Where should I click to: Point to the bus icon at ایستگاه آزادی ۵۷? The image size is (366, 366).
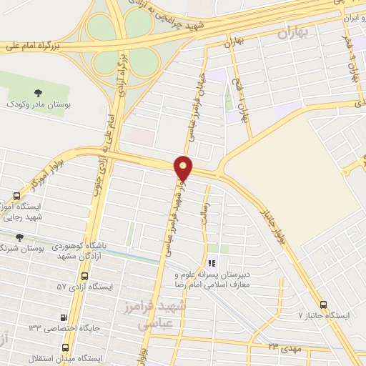coord(85,276)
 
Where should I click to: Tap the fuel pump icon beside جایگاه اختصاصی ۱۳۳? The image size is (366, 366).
coord(64,318)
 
